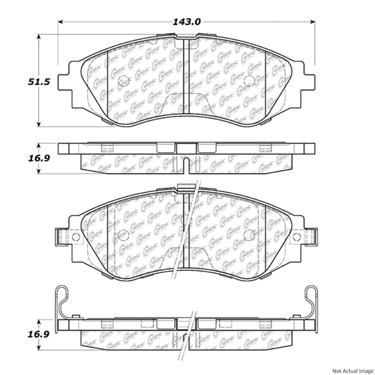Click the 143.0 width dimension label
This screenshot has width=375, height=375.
(186, 22)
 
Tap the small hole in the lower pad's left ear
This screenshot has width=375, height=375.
(75, 237)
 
